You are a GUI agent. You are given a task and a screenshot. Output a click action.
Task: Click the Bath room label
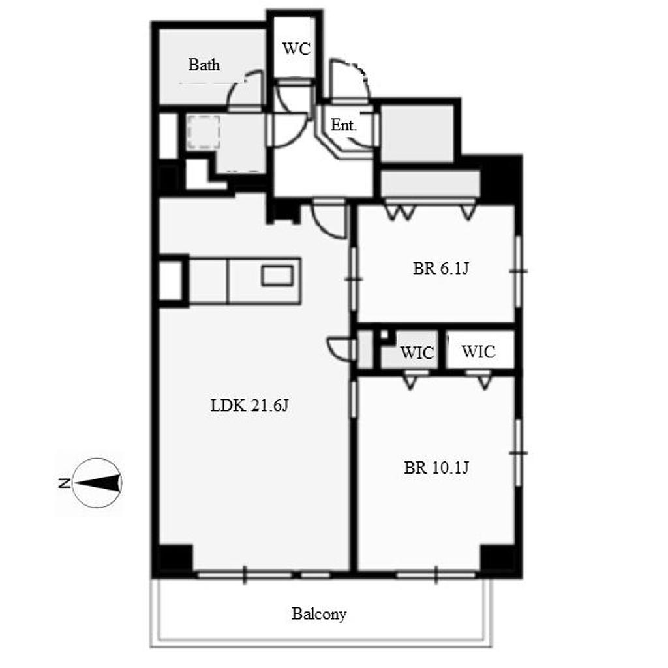(x=204, y=65)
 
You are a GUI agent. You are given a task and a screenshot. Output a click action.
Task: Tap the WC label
(x=296, y=49)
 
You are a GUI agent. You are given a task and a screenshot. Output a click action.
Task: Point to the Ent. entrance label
(x=343, y=125)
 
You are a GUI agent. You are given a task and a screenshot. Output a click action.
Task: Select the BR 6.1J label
(x=440, y=268)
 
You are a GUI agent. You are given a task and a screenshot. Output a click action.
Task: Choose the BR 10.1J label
(x=436, y=467)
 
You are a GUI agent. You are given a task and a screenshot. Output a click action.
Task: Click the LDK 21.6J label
(x=249, y=405)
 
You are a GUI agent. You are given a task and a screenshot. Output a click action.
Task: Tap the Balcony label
(x=319, y=614)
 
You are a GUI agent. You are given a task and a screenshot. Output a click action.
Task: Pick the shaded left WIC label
(x=417, y=353)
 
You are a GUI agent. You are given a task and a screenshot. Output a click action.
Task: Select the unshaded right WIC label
(x=478, y=352)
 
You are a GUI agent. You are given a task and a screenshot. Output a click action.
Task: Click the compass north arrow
(x=97, y=483)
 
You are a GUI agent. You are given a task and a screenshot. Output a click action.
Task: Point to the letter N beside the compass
(x=65, y=483)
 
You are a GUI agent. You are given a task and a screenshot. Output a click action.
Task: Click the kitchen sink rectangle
(x=277, y=275)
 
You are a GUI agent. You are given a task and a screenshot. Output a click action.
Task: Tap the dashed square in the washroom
(x=204, y=132)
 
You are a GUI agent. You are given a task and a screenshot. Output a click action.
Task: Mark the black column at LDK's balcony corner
(x=175, y=559)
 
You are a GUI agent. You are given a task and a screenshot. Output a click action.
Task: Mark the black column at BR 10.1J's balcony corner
(x=498, y=559)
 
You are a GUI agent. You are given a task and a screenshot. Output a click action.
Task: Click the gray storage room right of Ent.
(x=417, y=133)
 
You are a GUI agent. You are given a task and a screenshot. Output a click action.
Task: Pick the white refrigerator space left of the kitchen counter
(x=170, y=281)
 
